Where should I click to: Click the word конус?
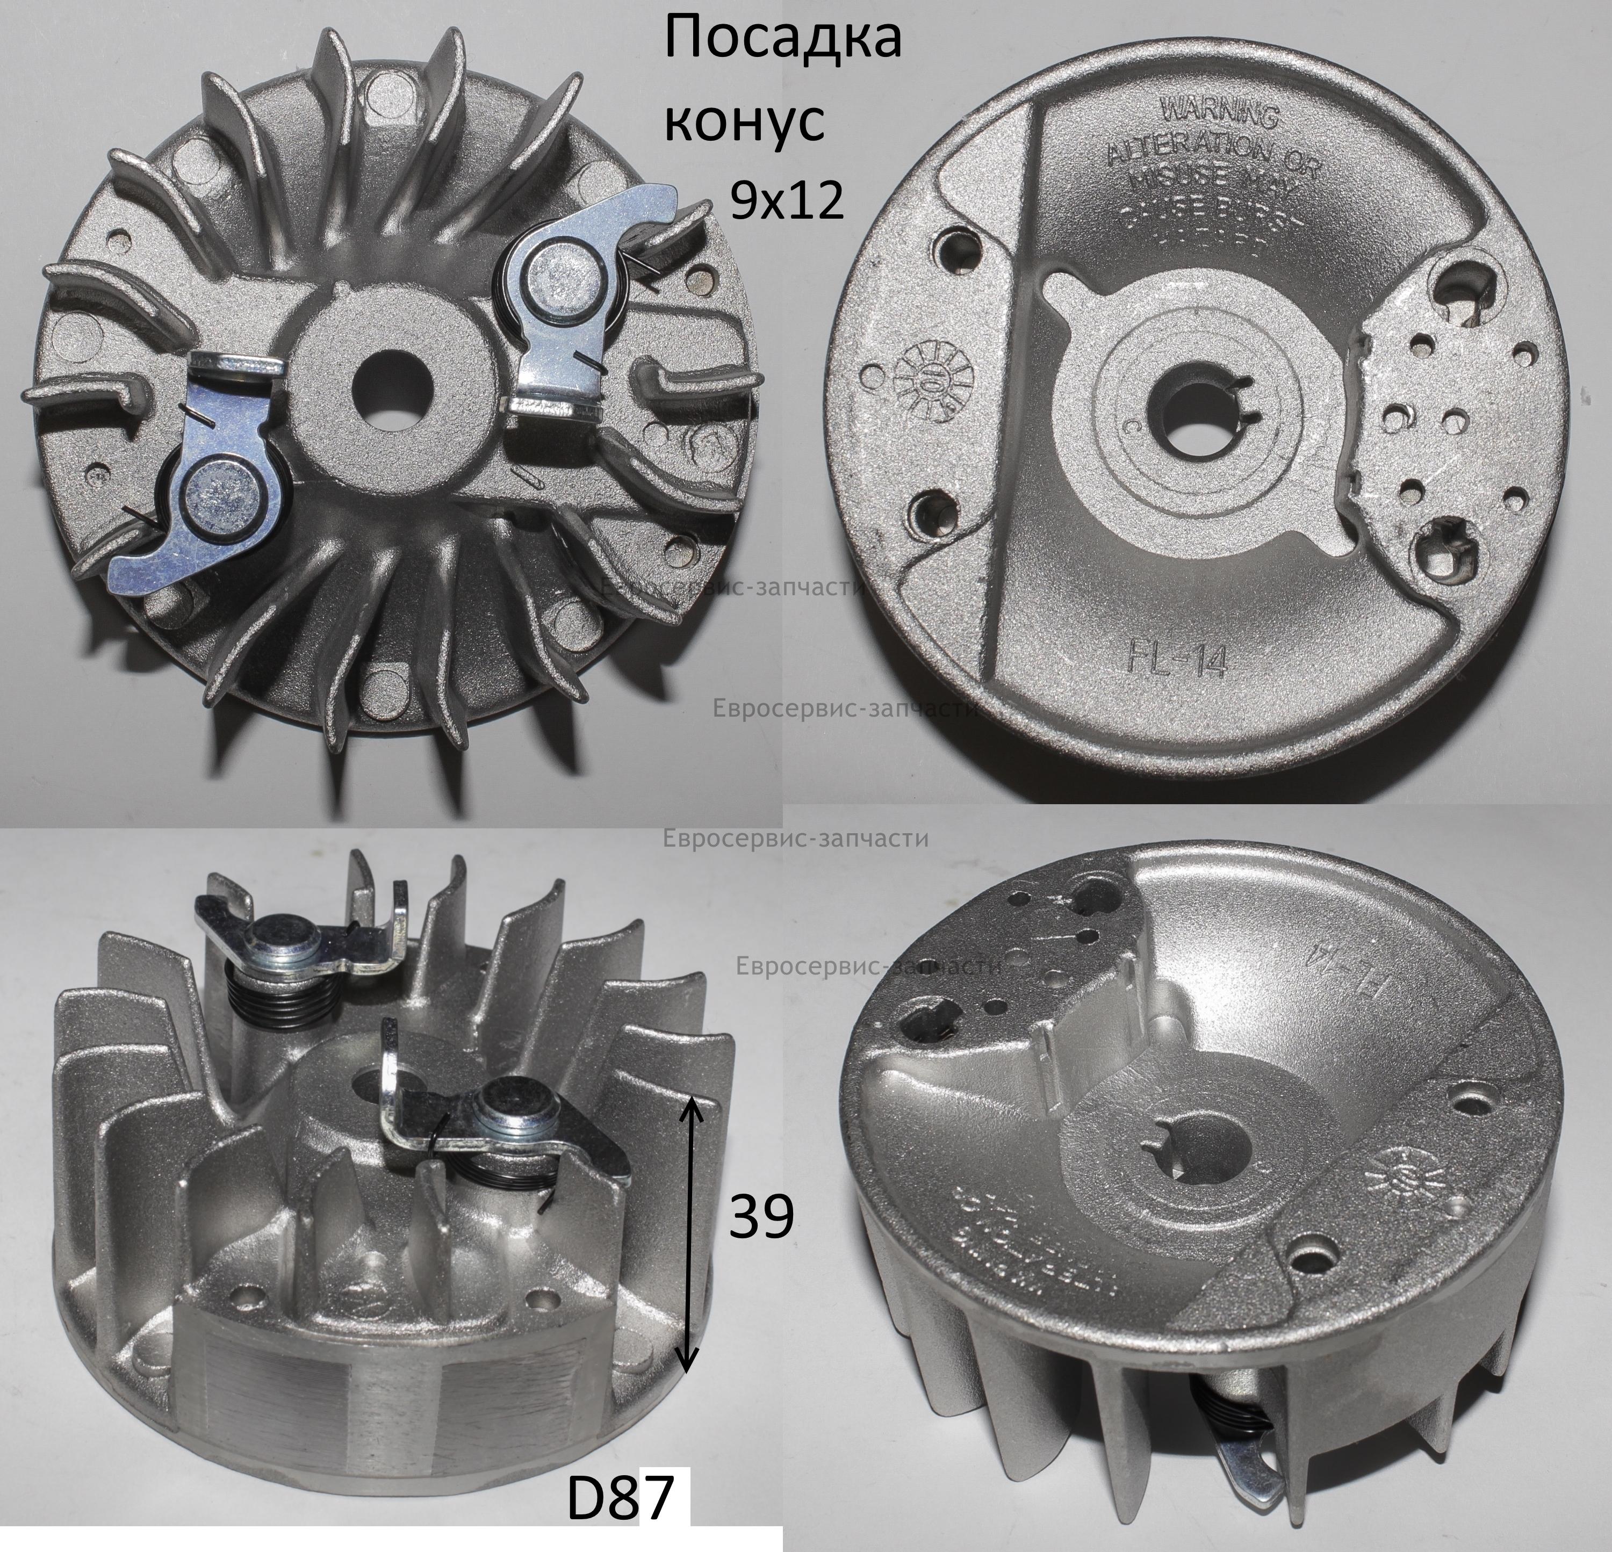(743, 122)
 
